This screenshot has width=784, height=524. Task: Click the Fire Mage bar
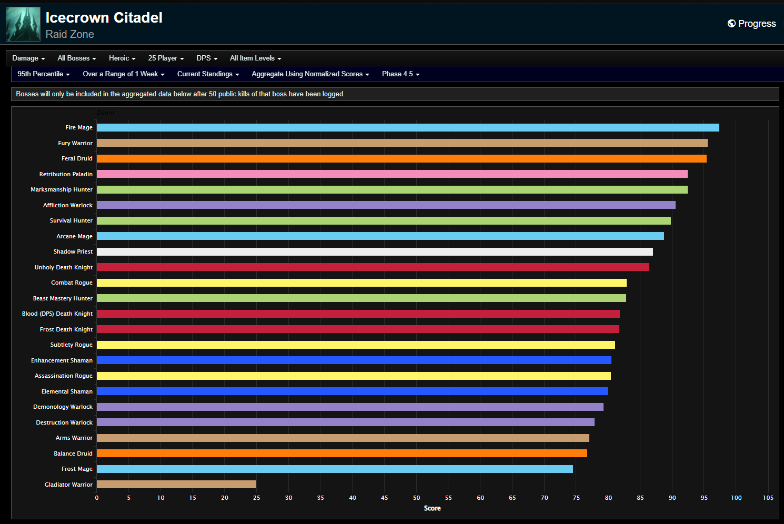coord(408,128)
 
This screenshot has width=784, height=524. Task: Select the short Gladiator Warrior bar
coord(176,485)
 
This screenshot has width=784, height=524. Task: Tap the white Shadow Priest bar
coord(375,252)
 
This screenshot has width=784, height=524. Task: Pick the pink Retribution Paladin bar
coord(392,174)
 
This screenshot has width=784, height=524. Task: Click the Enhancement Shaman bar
coord(354,360)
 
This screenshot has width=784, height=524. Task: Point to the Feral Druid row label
coord(77,158)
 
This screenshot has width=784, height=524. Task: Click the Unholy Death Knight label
coord(64,267)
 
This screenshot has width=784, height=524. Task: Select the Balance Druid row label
coord(73,454)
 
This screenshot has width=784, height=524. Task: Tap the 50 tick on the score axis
coord(416,498)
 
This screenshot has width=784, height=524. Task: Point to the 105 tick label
coord(768,498)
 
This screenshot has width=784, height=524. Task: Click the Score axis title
coord(432,508)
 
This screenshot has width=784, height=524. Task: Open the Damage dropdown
coord(28,58)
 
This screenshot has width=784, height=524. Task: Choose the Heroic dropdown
coord(122,58)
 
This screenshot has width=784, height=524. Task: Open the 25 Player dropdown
coord(166,58)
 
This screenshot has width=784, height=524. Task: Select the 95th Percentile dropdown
coord(44,74)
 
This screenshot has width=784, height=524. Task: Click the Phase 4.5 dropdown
coord(400,74)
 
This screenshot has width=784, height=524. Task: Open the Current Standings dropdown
coord(208,74)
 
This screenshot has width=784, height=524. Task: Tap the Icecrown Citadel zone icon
coord(23,24)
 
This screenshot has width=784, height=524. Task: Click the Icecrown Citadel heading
coord(104,18)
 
